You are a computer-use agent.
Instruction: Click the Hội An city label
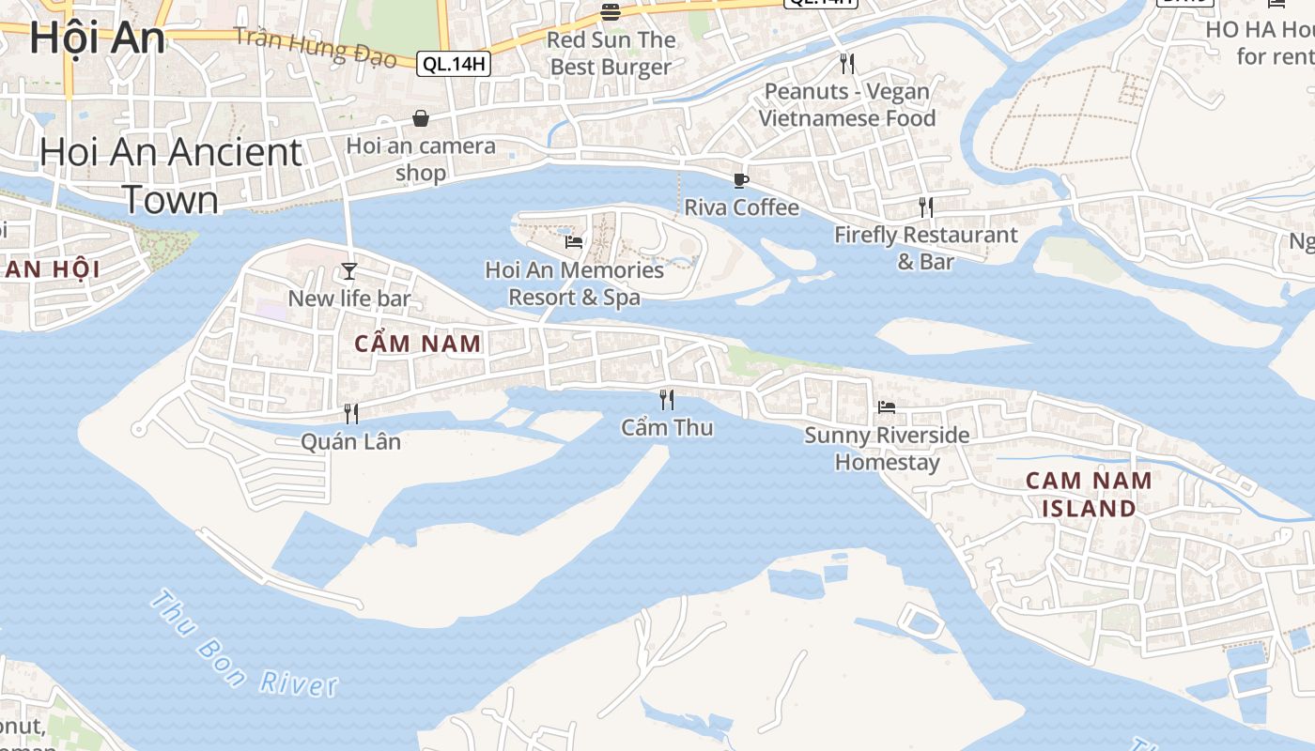[x=97, y=38]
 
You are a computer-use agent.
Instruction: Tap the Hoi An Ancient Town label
[x=171, y=176]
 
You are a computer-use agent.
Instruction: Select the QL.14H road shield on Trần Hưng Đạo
[x=455, y=64]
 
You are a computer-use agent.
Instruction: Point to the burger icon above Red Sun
[x=611, y=12]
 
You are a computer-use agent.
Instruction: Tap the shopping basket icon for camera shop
[x=421, y=119]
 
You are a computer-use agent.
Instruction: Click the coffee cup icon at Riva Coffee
[x=741, y=180]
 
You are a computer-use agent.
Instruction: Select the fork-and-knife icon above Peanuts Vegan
[x=847, y=64]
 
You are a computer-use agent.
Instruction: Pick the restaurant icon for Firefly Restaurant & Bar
[x=926, y=207]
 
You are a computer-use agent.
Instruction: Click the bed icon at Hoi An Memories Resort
[x=574, y=242]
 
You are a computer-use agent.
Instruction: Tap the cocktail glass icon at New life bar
[x=349, y=271]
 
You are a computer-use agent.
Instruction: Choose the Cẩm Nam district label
[x=418, y=344]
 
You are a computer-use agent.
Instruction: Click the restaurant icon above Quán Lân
[x=351, y=413]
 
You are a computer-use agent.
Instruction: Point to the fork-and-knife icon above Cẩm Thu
[x=667, y=400]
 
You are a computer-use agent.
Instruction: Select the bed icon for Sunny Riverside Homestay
[x=886, y=407]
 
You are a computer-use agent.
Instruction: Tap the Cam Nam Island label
[x=1089, y=494]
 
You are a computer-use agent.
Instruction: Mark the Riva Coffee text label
[x=741, y=207]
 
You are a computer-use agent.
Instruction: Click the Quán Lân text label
[x=350, y=441]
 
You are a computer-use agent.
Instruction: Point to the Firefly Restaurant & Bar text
[x=925, y=248]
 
